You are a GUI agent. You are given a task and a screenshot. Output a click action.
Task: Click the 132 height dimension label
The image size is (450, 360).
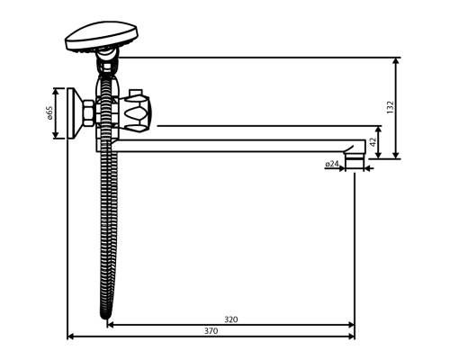[390, 107]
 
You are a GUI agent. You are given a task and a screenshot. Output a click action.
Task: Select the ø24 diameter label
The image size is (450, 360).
[331, 165]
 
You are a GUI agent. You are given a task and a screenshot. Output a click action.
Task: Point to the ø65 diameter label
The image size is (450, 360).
[50, 113]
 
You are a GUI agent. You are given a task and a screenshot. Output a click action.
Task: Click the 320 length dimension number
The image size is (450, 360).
[230, 319]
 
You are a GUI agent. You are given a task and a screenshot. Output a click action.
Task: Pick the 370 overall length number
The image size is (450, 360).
[211, 332]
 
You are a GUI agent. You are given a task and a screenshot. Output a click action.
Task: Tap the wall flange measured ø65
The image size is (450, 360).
[73, 114]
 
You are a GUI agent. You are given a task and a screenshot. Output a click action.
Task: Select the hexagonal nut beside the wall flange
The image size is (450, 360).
[88, 115]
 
